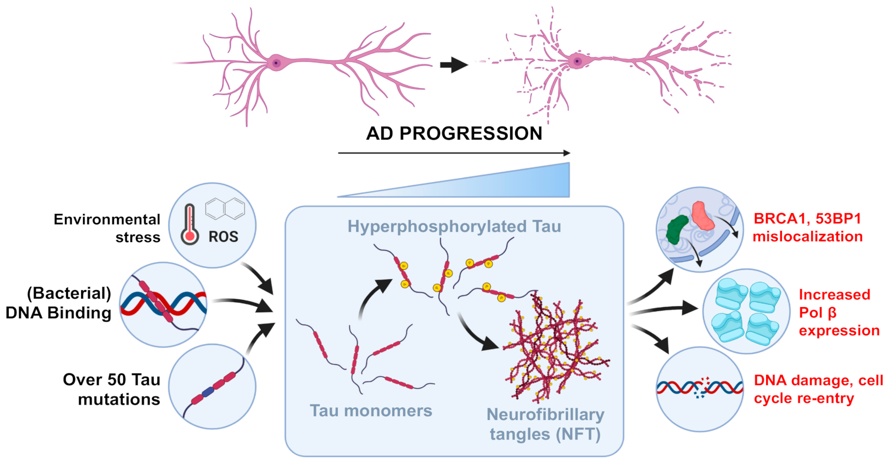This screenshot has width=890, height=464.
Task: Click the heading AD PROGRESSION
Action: click(x=454, y=133)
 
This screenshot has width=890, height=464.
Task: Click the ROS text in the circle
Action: click(x=223, y=237)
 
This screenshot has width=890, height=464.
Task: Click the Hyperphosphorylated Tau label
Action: click(x=454, y=226)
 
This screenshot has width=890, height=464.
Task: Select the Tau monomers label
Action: click(x=371, y=411)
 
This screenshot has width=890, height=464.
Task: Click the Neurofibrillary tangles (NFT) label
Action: click(x=545, y=424)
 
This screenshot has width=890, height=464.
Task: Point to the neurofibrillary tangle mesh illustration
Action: click(x=555, y=348)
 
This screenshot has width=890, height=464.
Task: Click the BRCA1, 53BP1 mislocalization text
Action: click(x=807, y=227)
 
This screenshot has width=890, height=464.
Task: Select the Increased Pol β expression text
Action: click(x=838, y=313)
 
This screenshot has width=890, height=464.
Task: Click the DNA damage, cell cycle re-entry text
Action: click(x=818, y=389)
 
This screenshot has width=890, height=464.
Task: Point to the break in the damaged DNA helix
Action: click(x=702, y=388)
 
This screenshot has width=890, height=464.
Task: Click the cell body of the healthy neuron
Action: click(x=276, y=63)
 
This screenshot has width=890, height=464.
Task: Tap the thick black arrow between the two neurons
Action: click(x=453, y=65)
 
